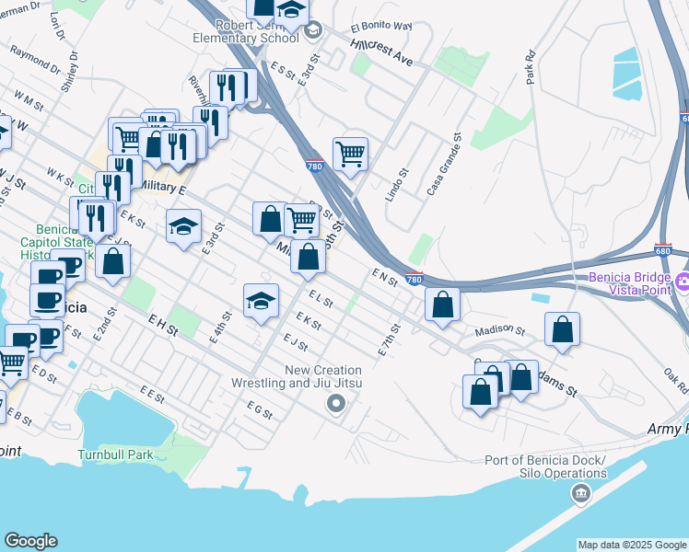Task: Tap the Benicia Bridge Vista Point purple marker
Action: click(x=683, y=281)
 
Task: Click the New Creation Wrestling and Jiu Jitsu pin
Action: click(x=336, y=403)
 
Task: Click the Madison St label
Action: click(x=499, y=330)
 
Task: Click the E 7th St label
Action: click(x=391, y=339)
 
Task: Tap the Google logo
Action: click(x=30, y=541)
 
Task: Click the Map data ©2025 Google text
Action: click(x=631, y=545)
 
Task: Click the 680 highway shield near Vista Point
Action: click(x=663, y=249)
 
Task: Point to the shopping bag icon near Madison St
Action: click(x=562, y=330)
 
